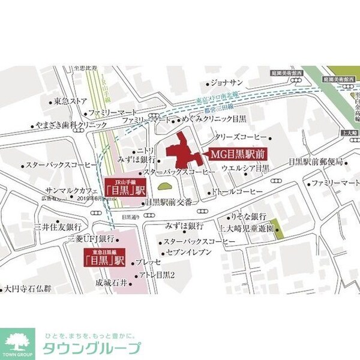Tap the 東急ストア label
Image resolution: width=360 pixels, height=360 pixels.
click(71, 100)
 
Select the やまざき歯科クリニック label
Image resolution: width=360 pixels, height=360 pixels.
click(71, 127)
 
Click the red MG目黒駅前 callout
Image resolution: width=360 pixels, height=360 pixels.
click(238, 154)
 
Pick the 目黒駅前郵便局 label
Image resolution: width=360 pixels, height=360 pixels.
click(315, 162)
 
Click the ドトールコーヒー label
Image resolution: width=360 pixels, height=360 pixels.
click(238, 191)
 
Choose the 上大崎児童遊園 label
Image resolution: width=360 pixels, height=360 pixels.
click(246, 228)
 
